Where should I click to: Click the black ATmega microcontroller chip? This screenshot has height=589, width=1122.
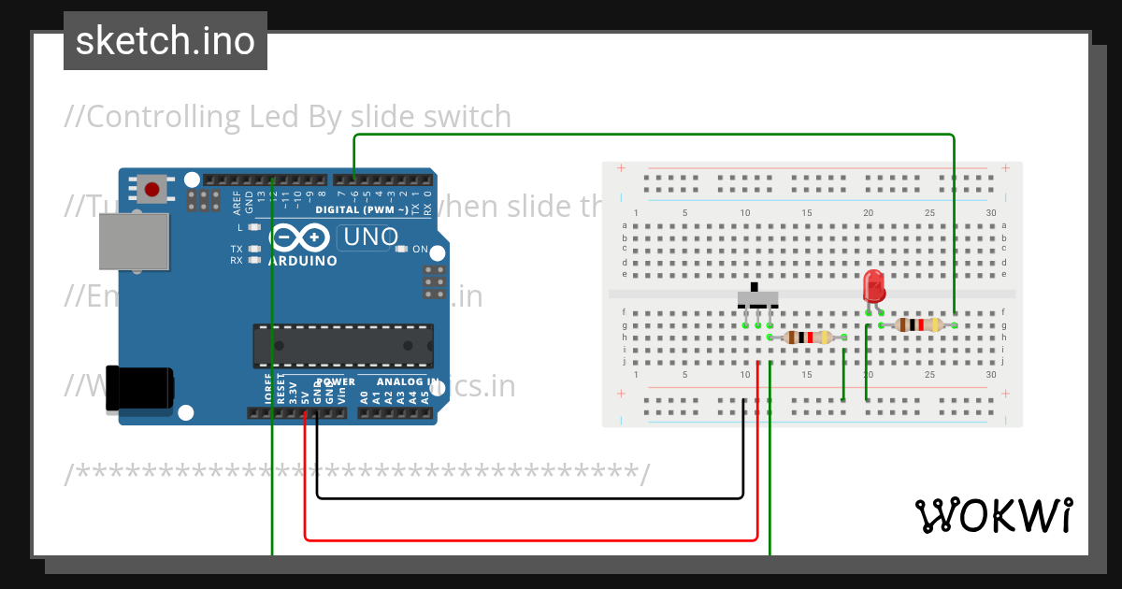click(x=343, y=344)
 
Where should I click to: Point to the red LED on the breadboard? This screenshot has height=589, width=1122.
click(x=874, y=285)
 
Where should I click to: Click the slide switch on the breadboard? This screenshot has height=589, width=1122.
click(x=757, y=299)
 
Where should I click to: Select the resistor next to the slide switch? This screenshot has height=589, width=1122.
click(x=807, y=338)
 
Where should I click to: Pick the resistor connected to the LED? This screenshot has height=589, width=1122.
click(x=917, y=324)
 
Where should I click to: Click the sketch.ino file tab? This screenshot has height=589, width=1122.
click(x=165, y=41)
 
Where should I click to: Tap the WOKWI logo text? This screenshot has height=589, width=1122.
click(x=992, y=515)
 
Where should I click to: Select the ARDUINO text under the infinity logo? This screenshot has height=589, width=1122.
click(x=303, y=262)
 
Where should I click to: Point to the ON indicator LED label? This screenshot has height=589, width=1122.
click(x=420, y=250)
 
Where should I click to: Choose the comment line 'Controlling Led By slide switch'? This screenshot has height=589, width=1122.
click(x=288, y=117)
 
